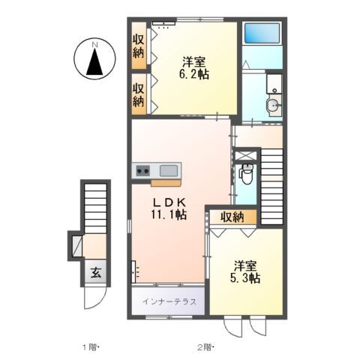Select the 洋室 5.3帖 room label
click(x=245, y=272)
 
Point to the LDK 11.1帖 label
click(x=170, y=208)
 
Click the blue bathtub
click(x=262, y=34)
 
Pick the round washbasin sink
click(x=274, y=106)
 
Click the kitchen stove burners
click(x=142, y=171)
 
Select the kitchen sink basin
click(x=169, y=170)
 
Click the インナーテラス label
click(x=170, y=301)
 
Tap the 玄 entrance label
click(x=96, y=272)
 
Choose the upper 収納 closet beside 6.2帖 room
click(x=139, y=46)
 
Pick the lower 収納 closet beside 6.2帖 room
click(x=139, y=93)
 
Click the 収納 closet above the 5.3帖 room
click(x=232, y=217)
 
